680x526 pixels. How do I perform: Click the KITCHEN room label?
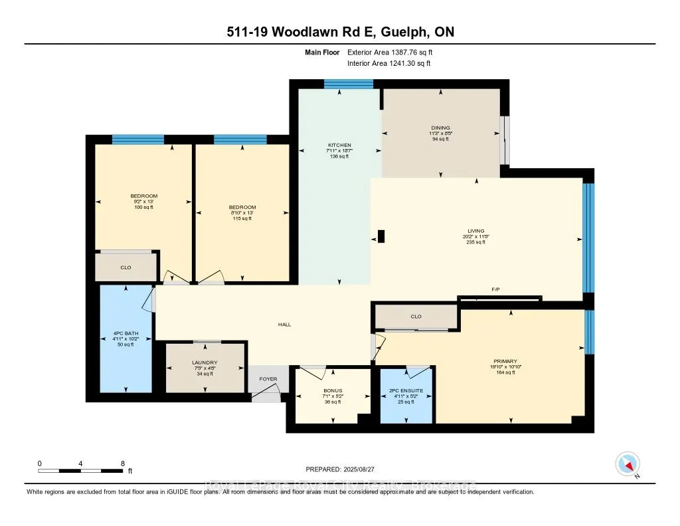coord(339,145)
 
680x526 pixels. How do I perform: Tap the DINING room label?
coord(441,128)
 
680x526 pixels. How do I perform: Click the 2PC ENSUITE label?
coord(405,390)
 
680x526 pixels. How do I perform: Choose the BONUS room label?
coord(331,390)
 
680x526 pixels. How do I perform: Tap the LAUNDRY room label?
coord(205,362)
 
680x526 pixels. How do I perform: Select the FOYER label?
coord(268,379)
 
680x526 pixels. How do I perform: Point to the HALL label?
coord(284,325)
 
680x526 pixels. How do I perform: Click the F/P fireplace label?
coord(495,291)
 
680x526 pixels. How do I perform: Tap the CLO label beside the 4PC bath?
coord(126,267)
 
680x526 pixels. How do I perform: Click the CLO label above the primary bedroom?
coord(416,317)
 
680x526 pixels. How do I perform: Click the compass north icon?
coord(628,463)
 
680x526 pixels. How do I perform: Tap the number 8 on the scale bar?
coord(123,463)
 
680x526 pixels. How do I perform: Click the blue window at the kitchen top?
coord(348,84)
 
